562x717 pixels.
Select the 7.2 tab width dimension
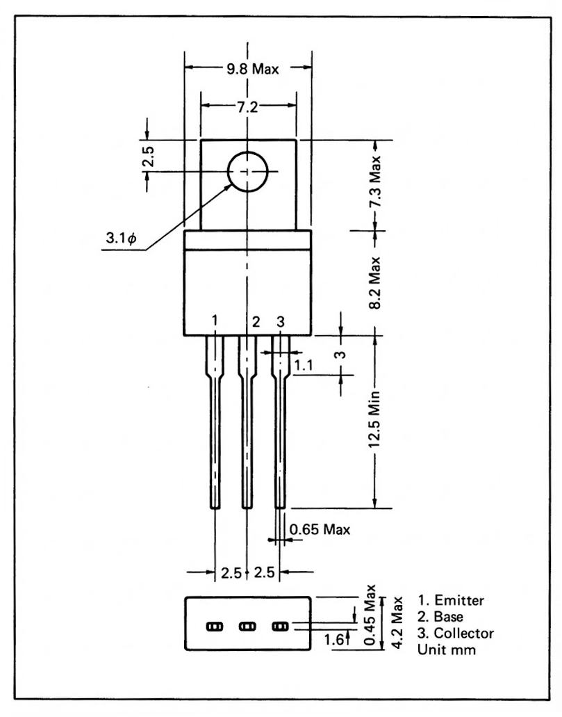click(x=248, y=106)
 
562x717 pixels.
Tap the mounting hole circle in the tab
click(x=248, y=172)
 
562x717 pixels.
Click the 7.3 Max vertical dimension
click(x=375, y=185)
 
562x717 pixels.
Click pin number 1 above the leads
click(x=215, y=321)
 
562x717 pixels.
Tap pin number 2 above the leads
click(x=256, y=321)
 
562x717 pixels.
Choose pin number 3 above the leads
click(x=280, y=321)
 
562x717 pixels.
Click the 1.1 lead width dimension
click(x=302, y=364)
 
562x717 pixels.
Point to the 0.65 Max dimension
click(x=320, y=530)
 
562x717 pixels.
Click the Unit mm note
click(x=445, y=650)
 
